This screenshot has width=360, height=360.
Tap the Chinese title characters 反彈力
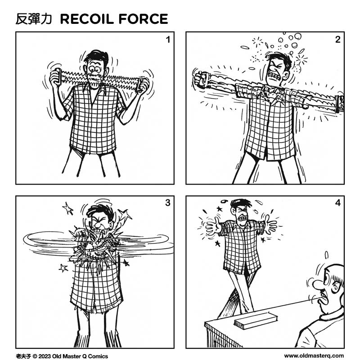click(34, 19)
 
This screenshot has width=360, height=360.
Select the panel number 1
click(167, 40)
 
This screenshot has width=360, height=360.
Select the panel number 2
click(337, 40)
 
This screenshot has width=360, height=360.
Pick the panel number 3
click(167, 203)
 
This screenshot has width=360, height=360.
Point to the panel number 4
click(337, 203)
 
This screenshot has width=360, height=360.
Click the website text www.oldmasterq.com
click(314, 355)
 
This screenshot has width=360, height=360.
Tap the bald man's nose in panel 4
click(317, 285)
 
